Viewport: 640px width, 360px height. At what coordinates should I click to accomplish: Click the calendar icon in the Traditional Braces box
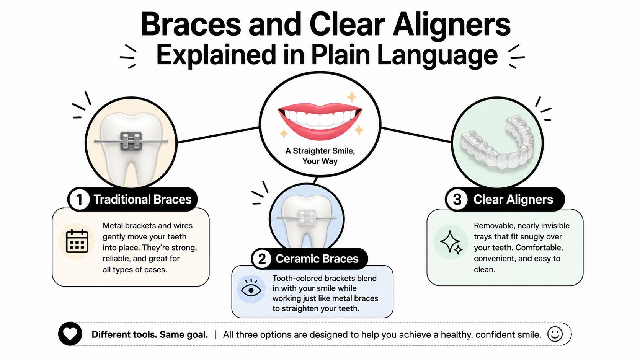[x=77, y=241]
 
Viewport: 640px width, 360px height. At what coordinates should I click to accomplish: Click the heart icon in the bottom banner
[x=70, y=334]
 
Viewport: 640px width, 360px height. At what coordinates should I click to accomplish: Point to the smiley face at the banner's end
[x=555, y=334]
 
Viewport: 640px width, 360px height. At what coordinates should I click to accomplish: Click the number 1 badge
[x=79, y=199]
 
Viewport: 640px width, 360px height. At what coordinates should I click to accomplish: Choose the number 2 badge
[x=262, y=259]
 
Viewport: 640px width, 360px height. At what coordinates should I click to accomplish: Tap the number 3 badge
[x=457, y=199]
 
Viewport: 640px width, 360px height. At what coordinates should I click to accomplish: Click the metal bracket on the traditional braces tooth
[x=131, y=141]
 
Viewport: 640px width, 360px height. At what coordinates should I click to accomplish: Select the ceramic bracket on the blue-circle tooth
[x=307, y=218]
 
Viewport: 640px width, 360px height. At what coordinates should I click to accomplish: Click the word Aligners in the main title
[x=451, y=26]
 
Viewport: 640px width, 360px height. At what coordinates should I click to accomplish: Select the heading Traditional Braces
[x=142, y=199]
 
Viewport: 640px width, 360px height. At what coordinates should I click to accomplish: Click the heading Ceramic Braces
[x=317, y=259]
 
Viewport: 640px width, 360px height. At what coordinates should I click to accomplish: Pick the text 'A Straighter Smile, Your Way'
[x=320, y=156]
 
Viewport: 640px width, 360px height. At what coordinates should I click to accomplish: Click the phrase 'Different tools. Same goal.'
[x=150, y=334]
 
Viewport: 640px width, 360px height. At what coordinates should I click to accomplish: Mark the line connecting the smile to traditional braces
[x=218, y=135]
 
